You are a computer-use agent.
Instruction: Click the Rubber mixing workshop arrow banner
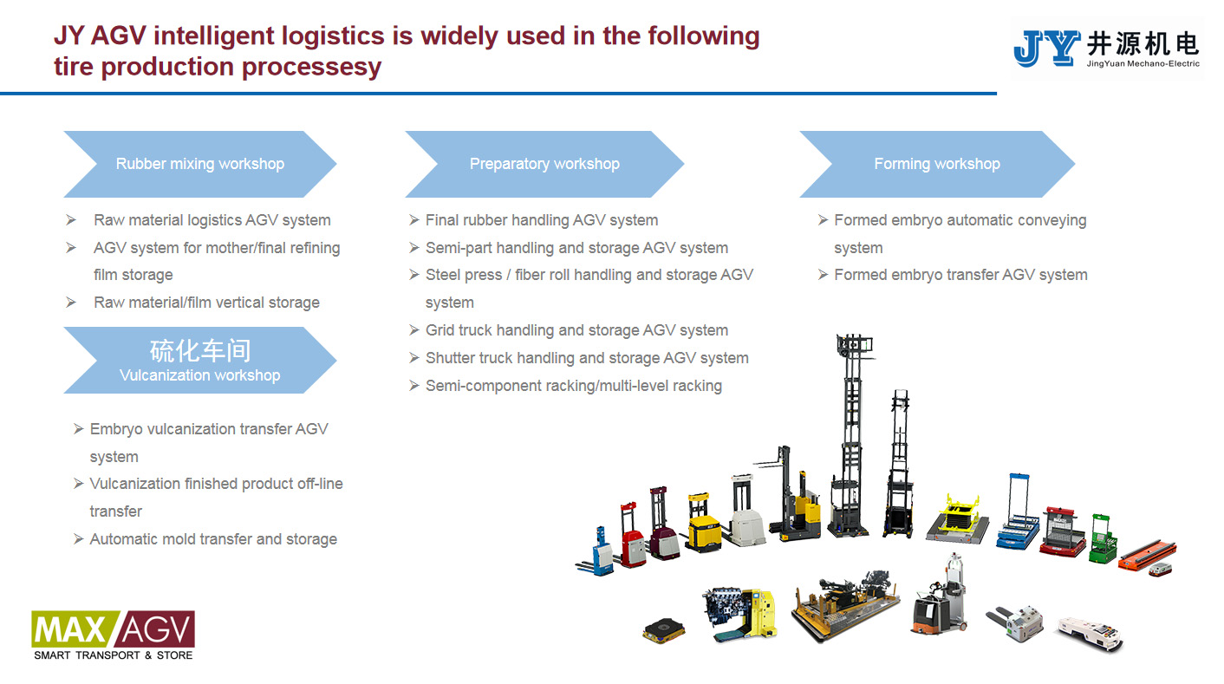(199, 164)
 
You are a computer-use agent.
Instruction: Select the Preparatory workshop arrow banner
(544, 164)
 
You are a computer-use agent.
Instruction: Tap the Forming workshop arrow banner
(936, 164)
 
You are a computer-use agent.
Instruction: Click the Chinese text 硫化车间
(200, 350)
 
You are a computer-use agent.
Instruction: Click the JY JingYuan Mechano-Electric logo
(1106, 49)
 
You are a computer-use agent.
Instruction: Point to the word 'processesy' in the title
(311, 67)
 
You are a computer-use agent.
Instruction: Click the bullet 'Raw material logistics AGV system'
(212, 220)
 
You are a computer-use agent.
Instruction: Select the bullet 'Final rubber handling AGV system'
(541, 220)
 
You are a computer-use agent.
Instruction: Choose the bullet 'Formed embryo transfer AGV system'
(960, 275)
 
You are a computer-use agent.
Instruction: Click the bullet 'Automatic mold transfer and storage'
(213, 539)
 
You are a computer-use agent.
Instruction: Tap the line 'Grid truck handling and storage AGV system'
(576, 330)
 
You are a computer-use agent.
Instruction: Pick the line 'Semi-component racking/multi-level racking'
(573, 386)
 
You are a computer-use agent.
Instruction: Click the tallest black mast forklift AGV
(847, 433)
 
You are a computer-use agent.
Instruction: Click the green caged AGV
(1104, 537)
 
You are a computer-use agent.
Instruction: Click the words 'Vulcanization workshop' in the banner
(200, 375)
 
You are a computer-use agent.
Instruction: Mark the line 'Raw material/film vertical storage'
(206, 303)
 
